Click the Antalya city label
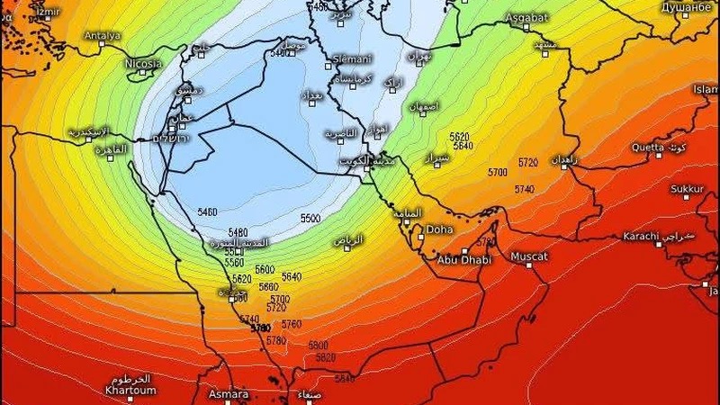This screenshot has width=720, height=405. (x=103, y=36)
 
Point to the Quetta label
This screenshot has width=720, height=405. (x=648, y=147)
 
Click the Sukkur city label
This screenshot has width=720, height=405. (x=688, y=189)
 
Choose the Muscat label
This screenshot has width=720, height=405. (x=529, y=256)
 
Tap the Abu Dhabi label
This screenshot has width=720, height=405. (x=464, y=259)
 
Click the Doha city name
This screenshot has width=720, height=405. (x=439, y=229)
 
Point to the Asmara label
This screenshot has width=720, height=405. (x=229, y=394)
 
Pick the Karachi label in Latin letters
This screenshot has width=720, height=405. (x=643, y=237)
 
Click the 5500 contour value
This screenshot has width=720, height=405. (x=311, y=219)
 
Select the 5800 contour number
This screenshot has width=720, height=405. (x=318, y=345)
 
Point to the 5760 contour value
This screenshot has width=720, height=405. (x=292, y=324)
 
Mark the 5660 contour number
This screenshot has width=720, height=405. (x=269, y=287)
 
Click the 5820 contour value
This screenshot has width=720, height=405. (x=325, y=357)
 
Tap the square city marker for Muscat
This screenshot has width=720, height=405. (x=528, y=268)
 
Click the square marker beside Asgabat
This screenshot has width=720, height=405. (x=527, y=27)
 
